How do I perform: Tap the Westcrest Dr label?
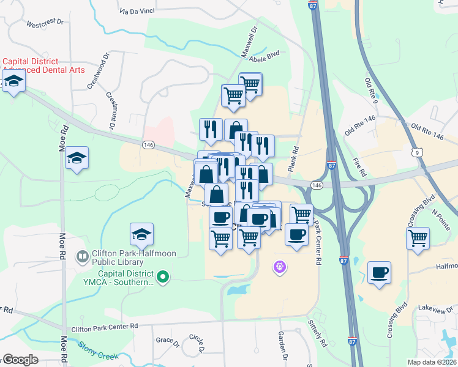pyautogui.click(x=45, y=23)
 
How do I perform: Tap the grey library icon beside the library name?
pyautogui.click(x=81, y=257)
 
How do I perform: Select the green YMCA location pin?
pyautogui.click(x=162, y=278)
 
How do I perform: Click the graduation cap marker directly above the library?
pyautogui.click(x=141, y=234)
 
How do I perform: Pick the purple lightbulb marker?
pyautogui.click(x=280, y=267)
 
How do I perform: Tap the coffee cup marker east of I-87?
pyautogui.click(x=380, y=272)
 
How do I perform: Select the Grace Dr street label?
pyautogui.click(x=166, y=340)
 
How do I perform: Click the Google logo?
pyautogui.click(x=21, y=360)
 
